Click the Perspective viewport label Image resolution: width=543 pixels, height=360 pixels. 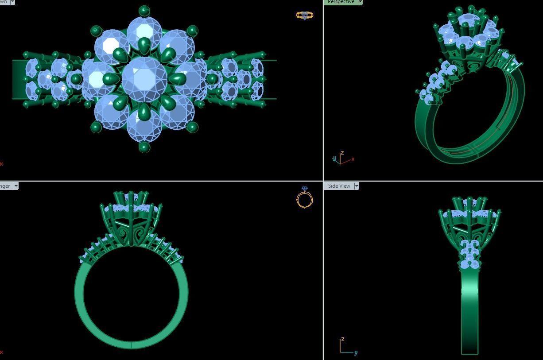click(341, 2)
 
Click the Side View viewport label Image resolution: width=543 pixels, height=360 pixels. click(339, 186)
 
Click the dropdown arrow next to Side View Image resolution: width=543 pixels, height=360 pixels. click(356, 186)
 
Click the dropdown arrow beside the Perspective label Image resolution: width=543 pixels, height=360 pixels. click(360, 2)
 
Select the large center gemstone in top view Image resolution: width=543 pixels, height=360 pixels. click(144, 79)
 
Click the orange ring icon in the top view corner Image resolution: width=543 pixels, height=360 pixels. click(304, 15)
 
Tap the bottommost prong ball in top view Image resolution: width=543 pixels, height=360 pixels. click(144, 147)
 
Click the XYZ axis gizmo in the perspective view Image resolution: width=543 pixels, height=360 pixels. click(342, 159)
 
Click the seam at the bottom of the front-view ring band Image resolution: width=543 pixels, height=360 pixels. click(132, 345)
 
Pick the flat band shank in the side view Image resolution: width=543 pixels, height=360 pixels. click(469, 310)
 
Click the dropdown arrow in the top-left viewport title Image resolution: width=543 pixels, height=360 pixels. click(12, 2)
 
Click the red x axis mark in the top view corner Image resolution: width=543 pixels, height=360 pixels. click(1, 164)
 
